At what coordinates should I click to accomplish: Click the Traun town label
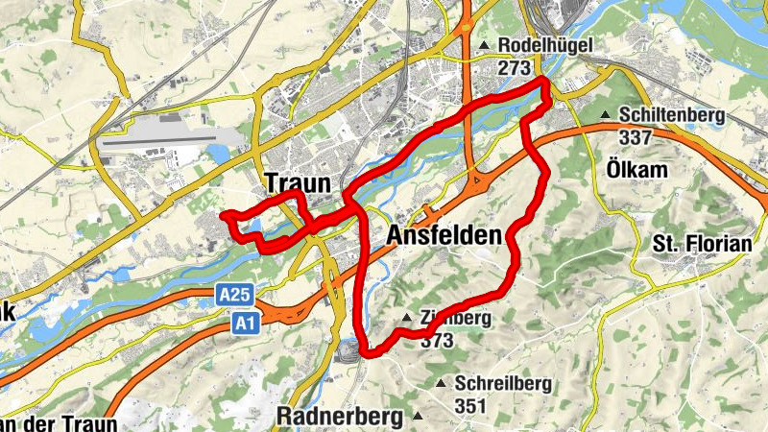pyautogui.click(x=298, y=183)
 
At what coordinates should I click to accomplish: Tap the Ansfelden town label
pyautogui.click(x=444, y=235)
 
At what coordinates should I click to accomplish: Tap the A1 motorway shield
pyautogui.click(x=244, y=326)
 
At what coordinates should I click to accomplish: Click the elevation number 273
pyautogui.click(x=515, y=68)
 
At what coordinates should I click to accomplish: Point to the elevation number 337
pyautogui.click(x=636, y=137)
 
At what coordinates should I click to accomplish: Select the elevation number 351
pyautogui.click(x=471, y=406)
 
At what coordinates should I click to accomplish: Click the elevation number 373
pyautogui.click(x=437, y=340)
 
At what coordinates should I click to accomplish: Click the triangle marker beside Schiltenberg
pyautogui.click(x=606, y=116)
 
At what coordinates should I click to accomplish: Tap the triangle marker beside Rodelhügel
pyautogui.click(x=485, y=46)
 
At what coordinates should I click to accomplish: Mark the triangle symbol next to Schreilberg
pyautogui.click(x=441, y=384)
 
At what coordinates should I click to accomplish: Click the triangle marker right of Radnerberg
pyautogui.click(x=418, y=416)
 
